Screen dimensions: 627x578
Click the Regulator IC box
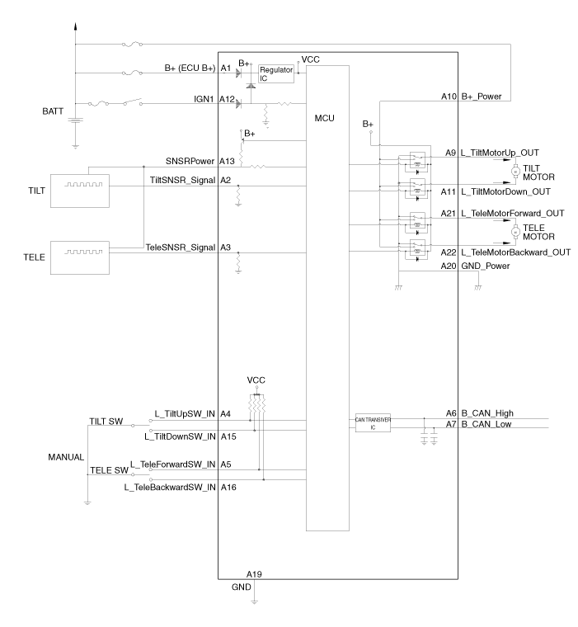(x=276, y=73)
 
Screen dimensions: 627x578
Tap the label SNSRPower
(x=190, y=161)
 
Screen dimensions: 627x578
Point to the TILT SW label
(x=105, y=422)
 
